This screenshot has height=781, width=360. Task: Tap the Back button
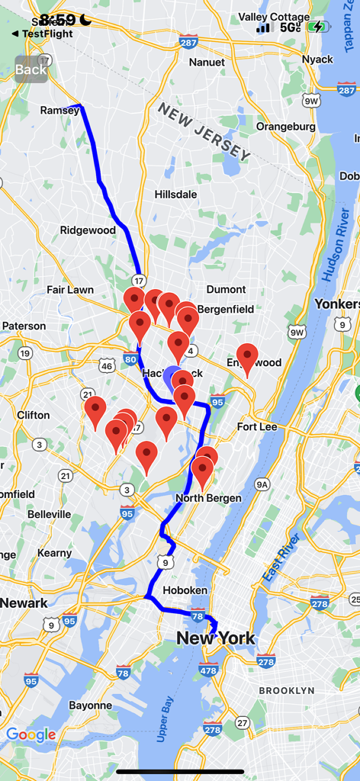pos(31,69)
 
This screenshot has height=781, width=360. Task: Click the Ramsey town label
pos(59,111)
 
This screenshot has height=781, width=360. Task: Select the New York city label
pos(216,638)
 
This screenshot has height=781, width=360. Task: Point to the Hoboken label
pos(185,590)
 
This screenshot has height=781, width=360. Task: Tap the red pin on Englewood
pos(247,358)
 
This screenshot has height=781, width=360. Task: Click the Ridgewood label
pos(88,230)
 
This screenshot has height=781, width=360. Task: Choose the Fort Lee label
pos(257,426)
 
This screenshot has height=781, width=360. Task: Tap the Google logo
pos(31,735)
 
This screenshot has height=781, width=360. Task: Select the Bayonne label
pos(91,705)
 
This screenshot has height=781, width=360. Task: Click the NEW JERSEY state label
pos(204,131)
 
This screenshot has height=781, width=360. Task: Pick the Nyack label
pos(317,59)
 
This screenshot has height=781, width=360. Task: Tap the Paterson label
pos(24,326)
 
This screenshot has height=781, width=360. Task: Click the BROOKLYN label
pos(286,690)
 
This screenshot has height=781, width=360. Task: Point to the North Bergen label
pos(208,498)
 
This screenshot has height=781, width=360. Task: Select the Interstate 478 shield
pos(209,670)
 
